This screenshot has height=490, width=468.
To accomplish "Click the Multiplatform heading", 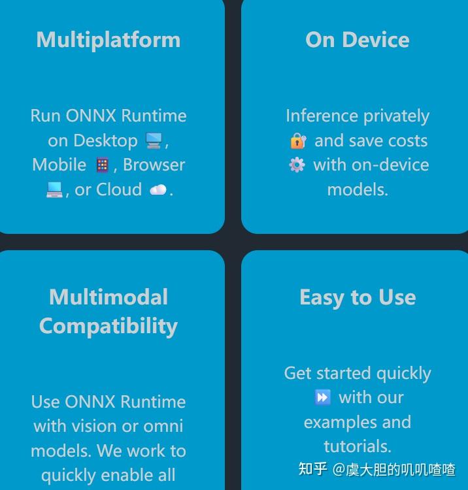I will click(x=109, y=39).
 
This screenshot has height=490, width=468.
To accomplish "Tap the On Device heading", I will click(x=358, y=39).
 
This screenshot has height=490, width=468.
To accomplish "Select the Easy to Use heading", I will click(x=358, y=297).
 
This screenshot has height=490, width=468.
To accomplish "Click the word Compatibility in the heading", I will click(x=109, y=326).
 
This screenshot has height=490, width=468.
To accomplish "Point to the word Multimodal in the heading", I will click(x=109, y=297).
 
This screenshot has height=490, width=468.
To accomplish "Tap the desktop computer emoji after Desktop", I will click(x=154, y=140).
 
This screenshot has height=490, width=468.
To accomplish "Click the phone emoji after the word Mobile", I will click(x=102, y=165).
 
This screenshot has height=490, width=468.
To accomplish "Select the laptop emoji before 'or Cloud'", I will click(x=54, y=190).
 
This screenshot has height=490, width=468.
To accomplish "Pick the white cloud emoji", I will click(x=158, y=190).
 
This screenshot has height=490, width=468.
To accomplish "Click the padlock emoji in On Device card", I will click(x=298, y=140).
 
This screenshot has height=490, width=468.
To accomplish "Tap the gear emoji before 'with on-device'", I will click(x=297, y=165).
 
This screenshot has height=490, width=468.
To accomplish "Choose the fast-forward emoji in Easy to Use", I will click(x=322, y=397).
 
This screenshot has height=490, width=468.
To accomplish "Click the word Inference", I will click(x=312, y=116).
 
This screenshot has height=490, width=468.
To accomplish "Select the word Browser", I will click(x=154, y=165).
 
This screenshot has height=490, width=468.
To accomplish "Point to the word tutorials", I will click(x=357, y=446).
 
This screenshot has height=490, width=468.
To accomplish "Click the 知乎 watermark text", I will click(x=312, y=469).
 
